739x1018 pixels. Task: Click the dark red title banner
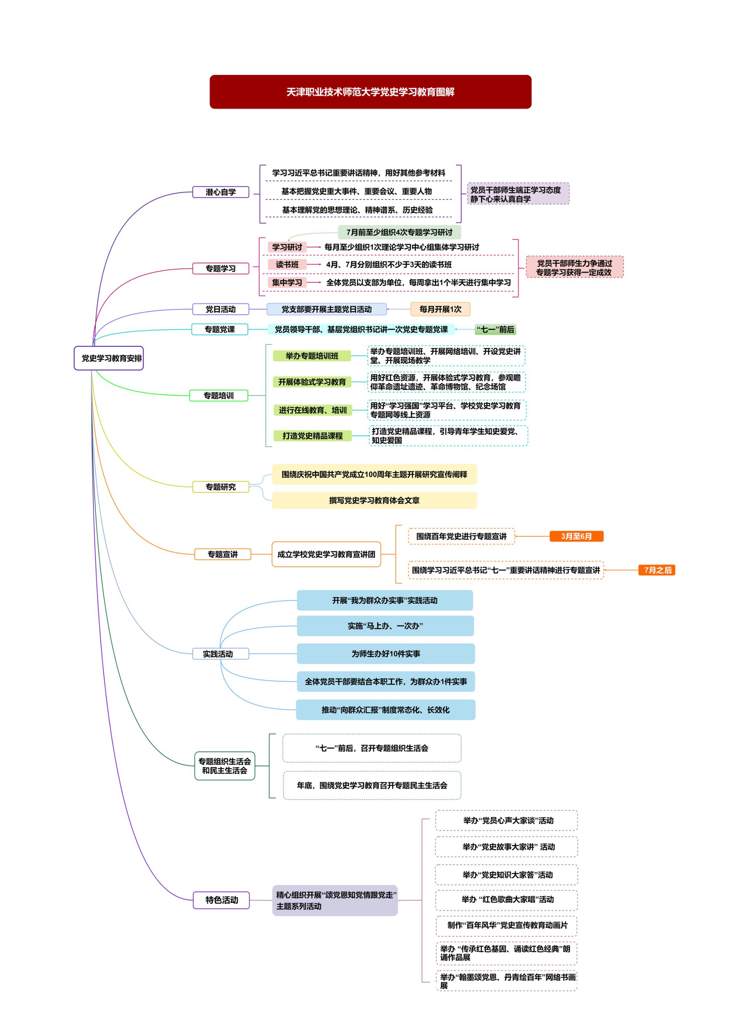(x=370, y=92)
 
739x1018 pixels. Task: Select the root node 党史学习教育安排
(x=109, y=358)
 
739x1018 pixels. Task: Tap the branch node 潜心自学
(x=221, y=192)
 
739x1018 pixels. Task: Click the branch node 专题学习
(x=221, y=268)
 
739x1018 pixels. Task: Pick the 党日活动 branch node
(x=221, y=309)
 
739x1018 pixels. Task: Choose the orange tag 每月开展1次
(x=440, y=309)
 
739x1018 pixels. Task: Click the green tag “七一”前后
(x=495, y=330)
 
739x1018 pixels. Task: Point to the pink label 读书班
(x=287, y=264)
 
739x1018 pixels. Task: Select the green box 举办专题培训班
(x=312, y=356)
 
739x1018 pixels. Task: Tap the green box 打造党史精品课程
(x=312, y=436)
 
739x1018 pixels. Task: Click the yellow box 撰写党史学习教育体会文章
(x=374, y=500)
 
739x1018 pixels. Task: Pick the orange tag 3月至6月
(x=576, y=536)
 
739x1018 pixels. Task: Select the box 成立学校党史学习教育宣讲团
(x=326, y=554)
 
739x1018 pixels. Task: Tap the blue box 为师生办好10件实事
(x=385, y=653)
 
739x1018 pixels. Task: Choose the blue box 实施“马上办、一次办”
(x=385, y=626)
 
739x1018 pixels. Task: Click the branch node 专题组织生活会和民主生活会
(x=225, y=766)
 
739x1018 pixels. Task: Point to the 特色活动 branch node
(x=221, y=900)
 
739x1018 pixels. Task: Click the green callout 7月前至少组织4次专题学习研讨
(x=400, y=232)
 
